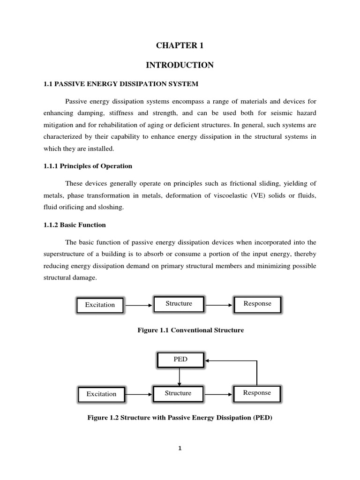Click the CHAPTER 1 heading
180,45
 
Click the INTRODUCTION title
180,65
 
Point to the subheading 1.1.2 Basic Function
74,225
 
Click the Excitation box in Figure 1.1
100,305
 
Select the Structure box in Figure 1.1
179,304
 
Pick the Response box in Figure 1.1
257,304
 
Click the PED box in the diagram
180,360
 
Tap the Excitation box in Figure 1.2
101,394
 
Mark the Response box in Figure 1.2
257,393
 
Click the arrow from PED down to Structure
180,376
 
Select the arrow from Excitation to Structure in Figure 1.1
139,305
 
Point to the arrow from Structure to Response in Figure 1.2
218,393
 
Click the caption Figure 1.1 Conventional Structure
190,330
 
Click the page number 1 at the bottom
180,448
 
